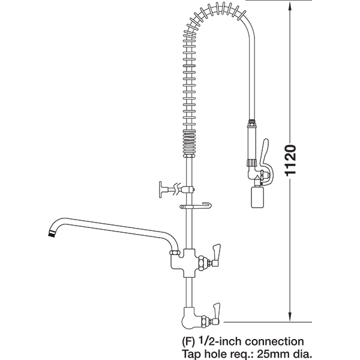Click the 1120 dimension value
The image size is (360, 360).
pos(290,160)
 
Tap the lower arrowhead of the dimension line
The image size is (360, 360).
pos(290,316)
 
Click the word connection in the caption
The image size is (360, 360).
pos(274,341)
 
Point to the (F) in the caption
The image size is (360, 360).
pos(188,342)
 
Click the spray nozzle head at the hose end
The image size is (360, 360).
pos(257,197)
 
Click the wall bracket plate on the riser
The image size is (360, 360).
pos(161,190)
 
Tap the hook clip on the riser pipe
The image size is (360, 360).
pos(196,206)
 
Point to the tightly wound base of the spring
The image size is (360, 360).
pos(190,143)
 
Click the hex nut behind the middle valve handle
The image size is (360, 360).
pos(202,263)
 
